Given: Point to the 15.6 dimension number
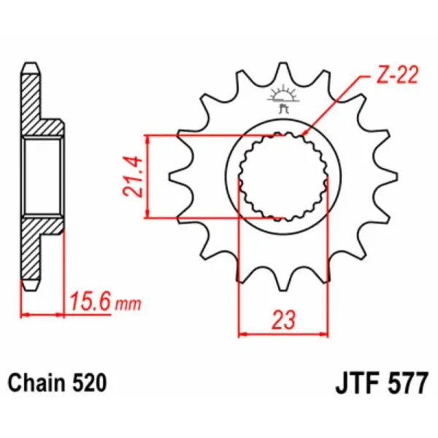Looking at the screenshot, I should pyautogui.click(x=91, y=301).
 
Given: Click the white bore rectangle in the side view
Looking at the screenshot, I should pyautogui.click(x=43, y=176).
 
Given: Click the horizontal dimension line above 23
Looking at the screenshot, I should pyautogui.click(x=284, y=334).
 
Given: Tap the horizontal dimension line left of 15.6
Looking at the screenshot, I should pyautogui.click(x=44, y=315).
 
